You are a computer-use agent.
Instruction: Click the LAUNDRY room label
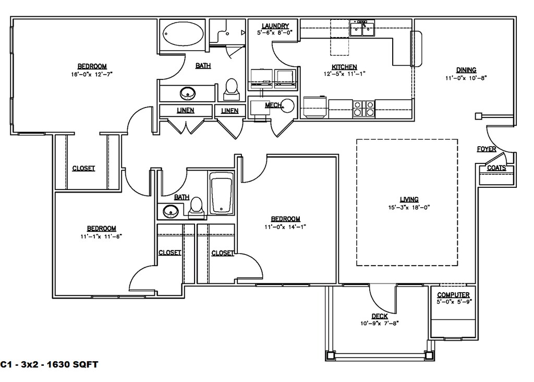point(275,26)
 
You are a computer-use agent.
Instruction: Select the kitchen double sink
point(362,28)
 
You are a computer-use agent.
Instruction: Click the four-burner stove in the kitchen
point(363,109)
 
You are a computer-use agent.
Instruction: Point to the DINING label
point(466,70)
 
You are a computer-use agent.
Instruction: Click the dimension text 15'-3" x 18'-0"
point(409,207)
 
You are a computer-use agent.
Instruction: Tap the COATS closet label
point(496,168)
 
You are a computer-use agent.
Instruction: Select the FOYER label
point(487,149)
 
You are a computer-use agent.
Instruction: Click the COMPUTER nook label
point(453,295)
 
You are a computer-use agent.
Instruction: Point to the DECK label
point(380,316)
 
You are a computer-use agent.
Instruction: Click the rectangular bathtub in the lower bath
point(221,193)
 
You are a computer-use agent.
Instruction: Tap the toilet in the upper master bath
point(232,89)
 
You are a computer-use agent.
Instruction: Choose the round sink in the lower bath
point(171,211)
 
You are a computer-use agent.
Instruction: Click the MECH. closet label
point(274,105)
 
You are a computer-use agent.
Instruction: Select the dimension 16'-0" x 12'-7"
point(92,74)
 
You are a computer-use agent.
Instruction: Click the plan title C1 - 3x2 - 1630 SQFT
point(50,365)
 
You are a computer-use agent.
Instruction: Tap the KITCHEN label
point(344,67)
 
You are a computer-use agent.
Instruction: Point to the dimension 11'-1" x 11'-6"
point(101,236)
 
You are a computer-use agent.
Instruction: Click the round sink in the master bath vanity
point(188,93)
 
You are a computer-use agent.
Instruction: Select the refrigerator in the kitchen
point(315,107)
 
